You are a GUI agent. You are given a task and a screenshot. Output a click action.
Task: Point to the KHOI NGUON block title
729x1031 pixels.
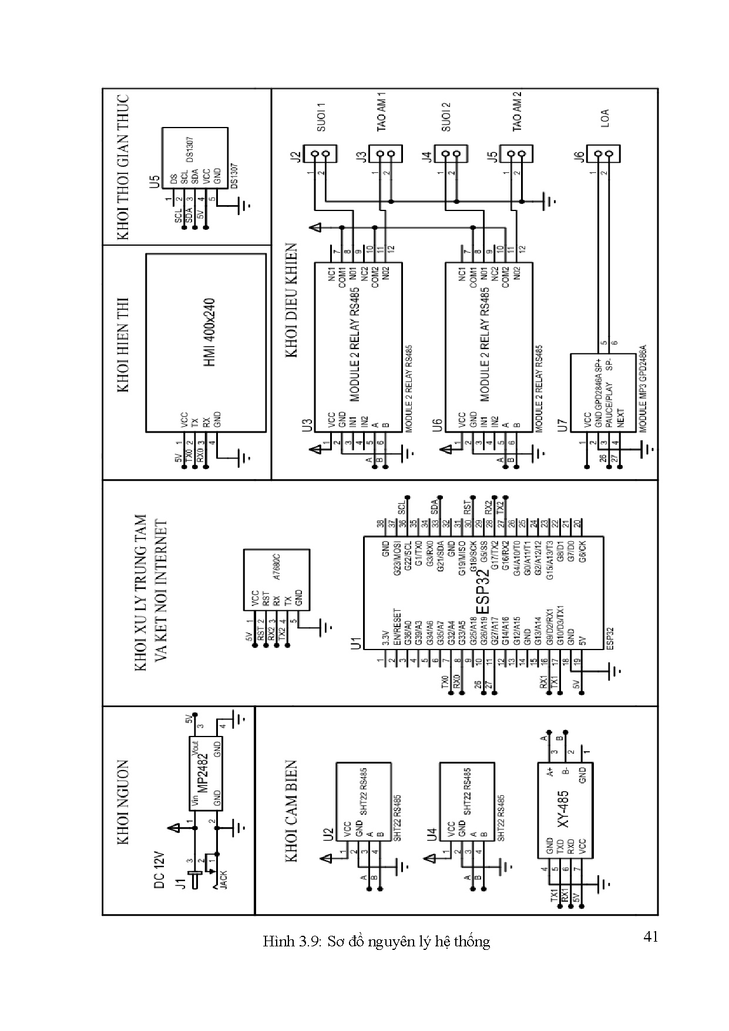[x=123, y=803]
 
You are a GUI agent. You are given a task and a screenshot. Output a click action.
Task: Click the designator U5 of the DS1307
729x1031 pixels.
[x=154, y=181]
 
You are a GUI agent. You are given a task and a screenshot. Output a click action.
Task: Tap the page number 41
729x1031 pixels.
[x=650, y=936]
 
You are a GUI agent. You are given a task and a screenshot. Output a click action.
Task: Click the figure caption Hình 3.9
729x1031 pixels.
[x=376, y=942]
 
